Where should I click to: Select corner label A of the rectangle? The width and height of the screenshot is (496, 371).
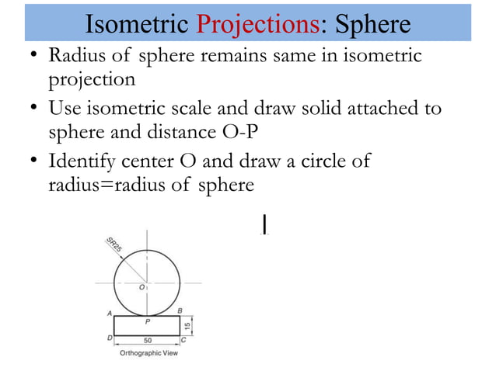coord(110,313)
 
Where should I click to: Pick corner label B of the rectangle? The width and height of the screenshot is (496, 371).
coord(180,311)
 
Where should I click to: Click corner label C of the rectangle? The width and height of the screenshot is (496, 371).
coord(183,339)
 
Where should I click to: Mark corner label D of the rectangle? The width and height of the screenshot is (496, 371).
coord(110,339)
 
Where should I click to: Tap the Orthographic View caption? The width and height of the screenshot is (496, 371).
coord(148,353)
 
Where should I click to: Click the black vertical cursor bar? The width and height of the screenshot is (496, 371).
coord(266,224)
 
